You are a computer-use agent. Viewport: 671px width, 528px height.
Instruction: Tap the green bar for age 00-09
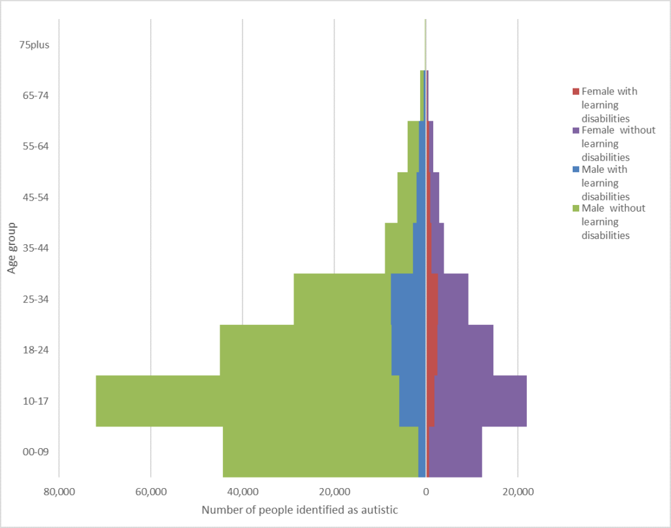[320, 452]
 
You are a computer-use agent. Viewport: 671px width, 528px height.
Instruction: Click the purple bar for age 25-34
[453, 299]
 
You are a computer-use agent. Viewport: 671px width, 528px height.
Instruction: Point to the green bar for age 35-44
[398, 248]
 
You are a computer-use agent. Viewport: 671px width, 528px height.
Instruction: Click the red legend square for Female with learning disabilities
[575, 92]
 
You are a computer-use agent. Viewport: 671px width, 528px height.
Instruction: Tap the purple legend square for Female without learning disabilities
[575, 130]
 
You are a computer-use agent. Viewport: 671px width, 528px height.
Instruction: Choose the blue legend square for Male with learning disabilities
[575, 170]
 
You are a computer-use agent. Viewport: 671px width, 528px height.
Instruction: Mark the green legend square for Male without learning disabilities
[575, 208]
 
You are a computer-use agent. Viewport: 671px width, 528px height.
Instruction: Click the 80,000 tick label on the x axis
[59, 491]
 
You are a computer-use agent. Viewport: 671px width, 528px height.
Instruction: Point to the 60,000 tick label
[151, 491]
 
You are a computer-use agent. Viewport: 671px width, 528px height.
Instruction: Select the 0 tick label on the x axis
[426, 491]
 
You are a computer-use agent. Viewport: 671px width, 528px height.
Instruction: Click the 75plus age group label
[35, 45]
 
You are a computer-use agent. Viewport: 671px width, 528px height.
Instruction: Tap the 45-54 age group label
[35, 197]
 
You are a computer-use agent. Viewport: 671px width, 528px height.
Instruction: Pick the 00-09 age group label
[35, 452]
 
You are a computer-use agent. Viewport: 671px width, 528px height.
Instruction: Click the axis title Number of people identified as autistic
[299, 510]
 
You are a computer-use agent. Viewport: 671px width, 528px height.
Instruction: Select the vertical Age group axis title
[12, 248]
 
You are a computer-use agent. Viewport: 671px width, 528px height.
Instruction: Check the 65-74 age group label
[35, 96]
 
